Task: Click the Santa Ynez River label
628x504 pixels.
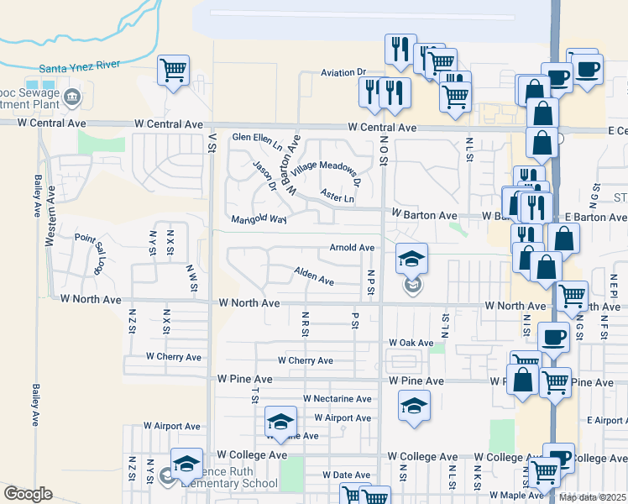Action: [x=80, y=66]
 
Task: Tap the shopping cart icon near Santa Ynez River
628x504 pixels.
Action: [x=173, y=70]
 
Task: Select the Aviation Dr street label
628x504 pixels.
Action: [x=344, y=73]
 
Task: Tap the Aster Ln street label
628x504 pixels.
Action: [x=337, y=196]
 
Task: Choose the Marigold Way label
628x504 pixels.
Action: [x=259, y=220]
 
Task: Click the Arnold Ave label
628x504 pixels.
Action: [x=352, y=248]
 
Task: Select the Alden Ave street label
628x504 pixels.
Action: [x=314, y=276]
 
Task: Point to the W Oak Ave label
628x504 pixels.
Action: [x=411, y=343]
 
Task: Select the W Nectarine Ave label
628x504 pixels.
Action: [x=338, y=399]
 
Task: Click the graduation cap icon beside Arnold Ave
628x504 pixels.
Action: [x=412, y=258]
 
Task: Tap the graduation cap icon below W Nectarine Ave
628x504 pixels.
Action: [x=414, y=406]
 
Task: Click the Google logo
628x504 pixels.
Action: [x=28, y=494]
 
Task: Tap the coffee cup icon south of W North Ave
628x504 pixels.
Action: [x=552, y=338]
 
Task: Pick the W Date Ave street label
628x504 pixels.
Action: [x=345, y=475]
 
